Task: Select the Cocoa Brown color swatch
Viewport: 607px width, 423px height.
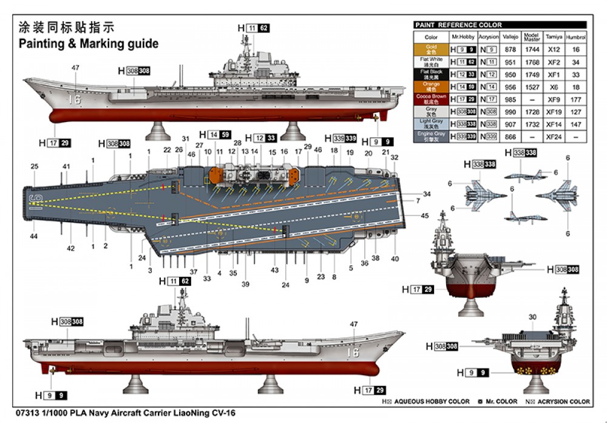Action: (x=431, y=99)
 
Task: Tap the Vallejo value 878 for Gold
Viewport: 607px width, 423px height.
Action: (x=511, y=49)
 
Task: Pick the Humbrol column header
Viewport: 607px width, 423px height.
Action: (x=575, y=37)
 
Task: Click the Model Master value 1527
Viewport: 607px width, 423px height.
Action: (x=531, y=87)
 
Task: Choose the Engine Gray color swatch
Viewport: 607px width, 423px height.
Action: (x=431, y=137)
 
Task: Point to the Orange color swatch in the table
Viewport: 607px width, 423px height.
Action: (x=431, y=87)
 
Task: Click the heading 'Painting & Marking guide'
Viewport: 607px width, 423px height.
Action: (x=89, y=44)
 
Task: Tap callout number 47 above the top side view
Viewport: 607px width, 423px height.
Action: (x=75, y=67)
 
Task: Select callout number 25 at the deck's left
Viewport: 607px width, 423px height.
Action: (x=34, y=166)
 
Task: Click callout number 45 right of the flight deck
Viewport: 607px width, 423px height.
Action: (x=425, y=215)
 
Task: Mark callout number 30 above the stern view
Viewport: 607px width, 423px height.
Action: (x=532, y=317)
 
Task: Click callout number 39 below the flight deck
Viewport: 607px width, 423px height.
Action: (x=245, y=284)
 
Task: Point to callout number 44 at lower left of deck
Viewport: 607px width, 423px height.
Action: (x=34, y=236)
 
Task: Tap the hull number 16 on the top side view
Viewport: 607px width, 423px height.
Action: (x=75, y=98)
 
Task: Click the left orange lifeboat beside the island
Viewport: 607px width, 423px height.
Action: (x=214, y=175)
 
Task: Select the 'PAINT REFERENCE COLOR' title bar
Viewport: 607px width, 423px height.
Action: (x=500, y=25)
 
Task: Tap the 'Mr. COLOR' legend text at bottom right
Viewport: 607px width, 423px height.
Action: (x=501, y=401)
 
